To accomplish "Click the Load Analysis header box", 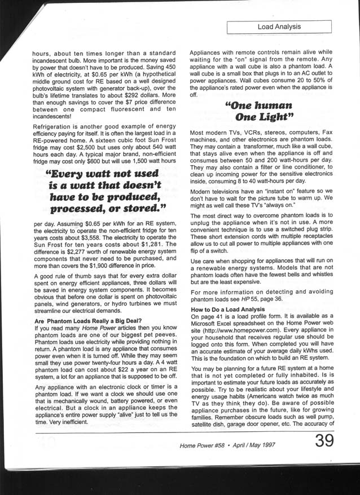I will point(279,26).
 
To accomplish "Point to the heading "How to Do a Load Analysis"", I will point(227,310).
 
